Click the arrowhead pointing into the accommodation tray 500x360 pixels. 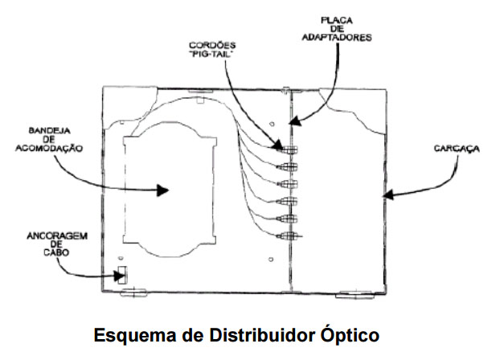163,190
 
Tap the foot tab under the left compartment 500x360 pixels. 133,294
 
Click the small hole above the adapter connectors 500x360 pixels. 273,125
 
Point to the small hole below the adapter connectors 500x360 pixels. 273,258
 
